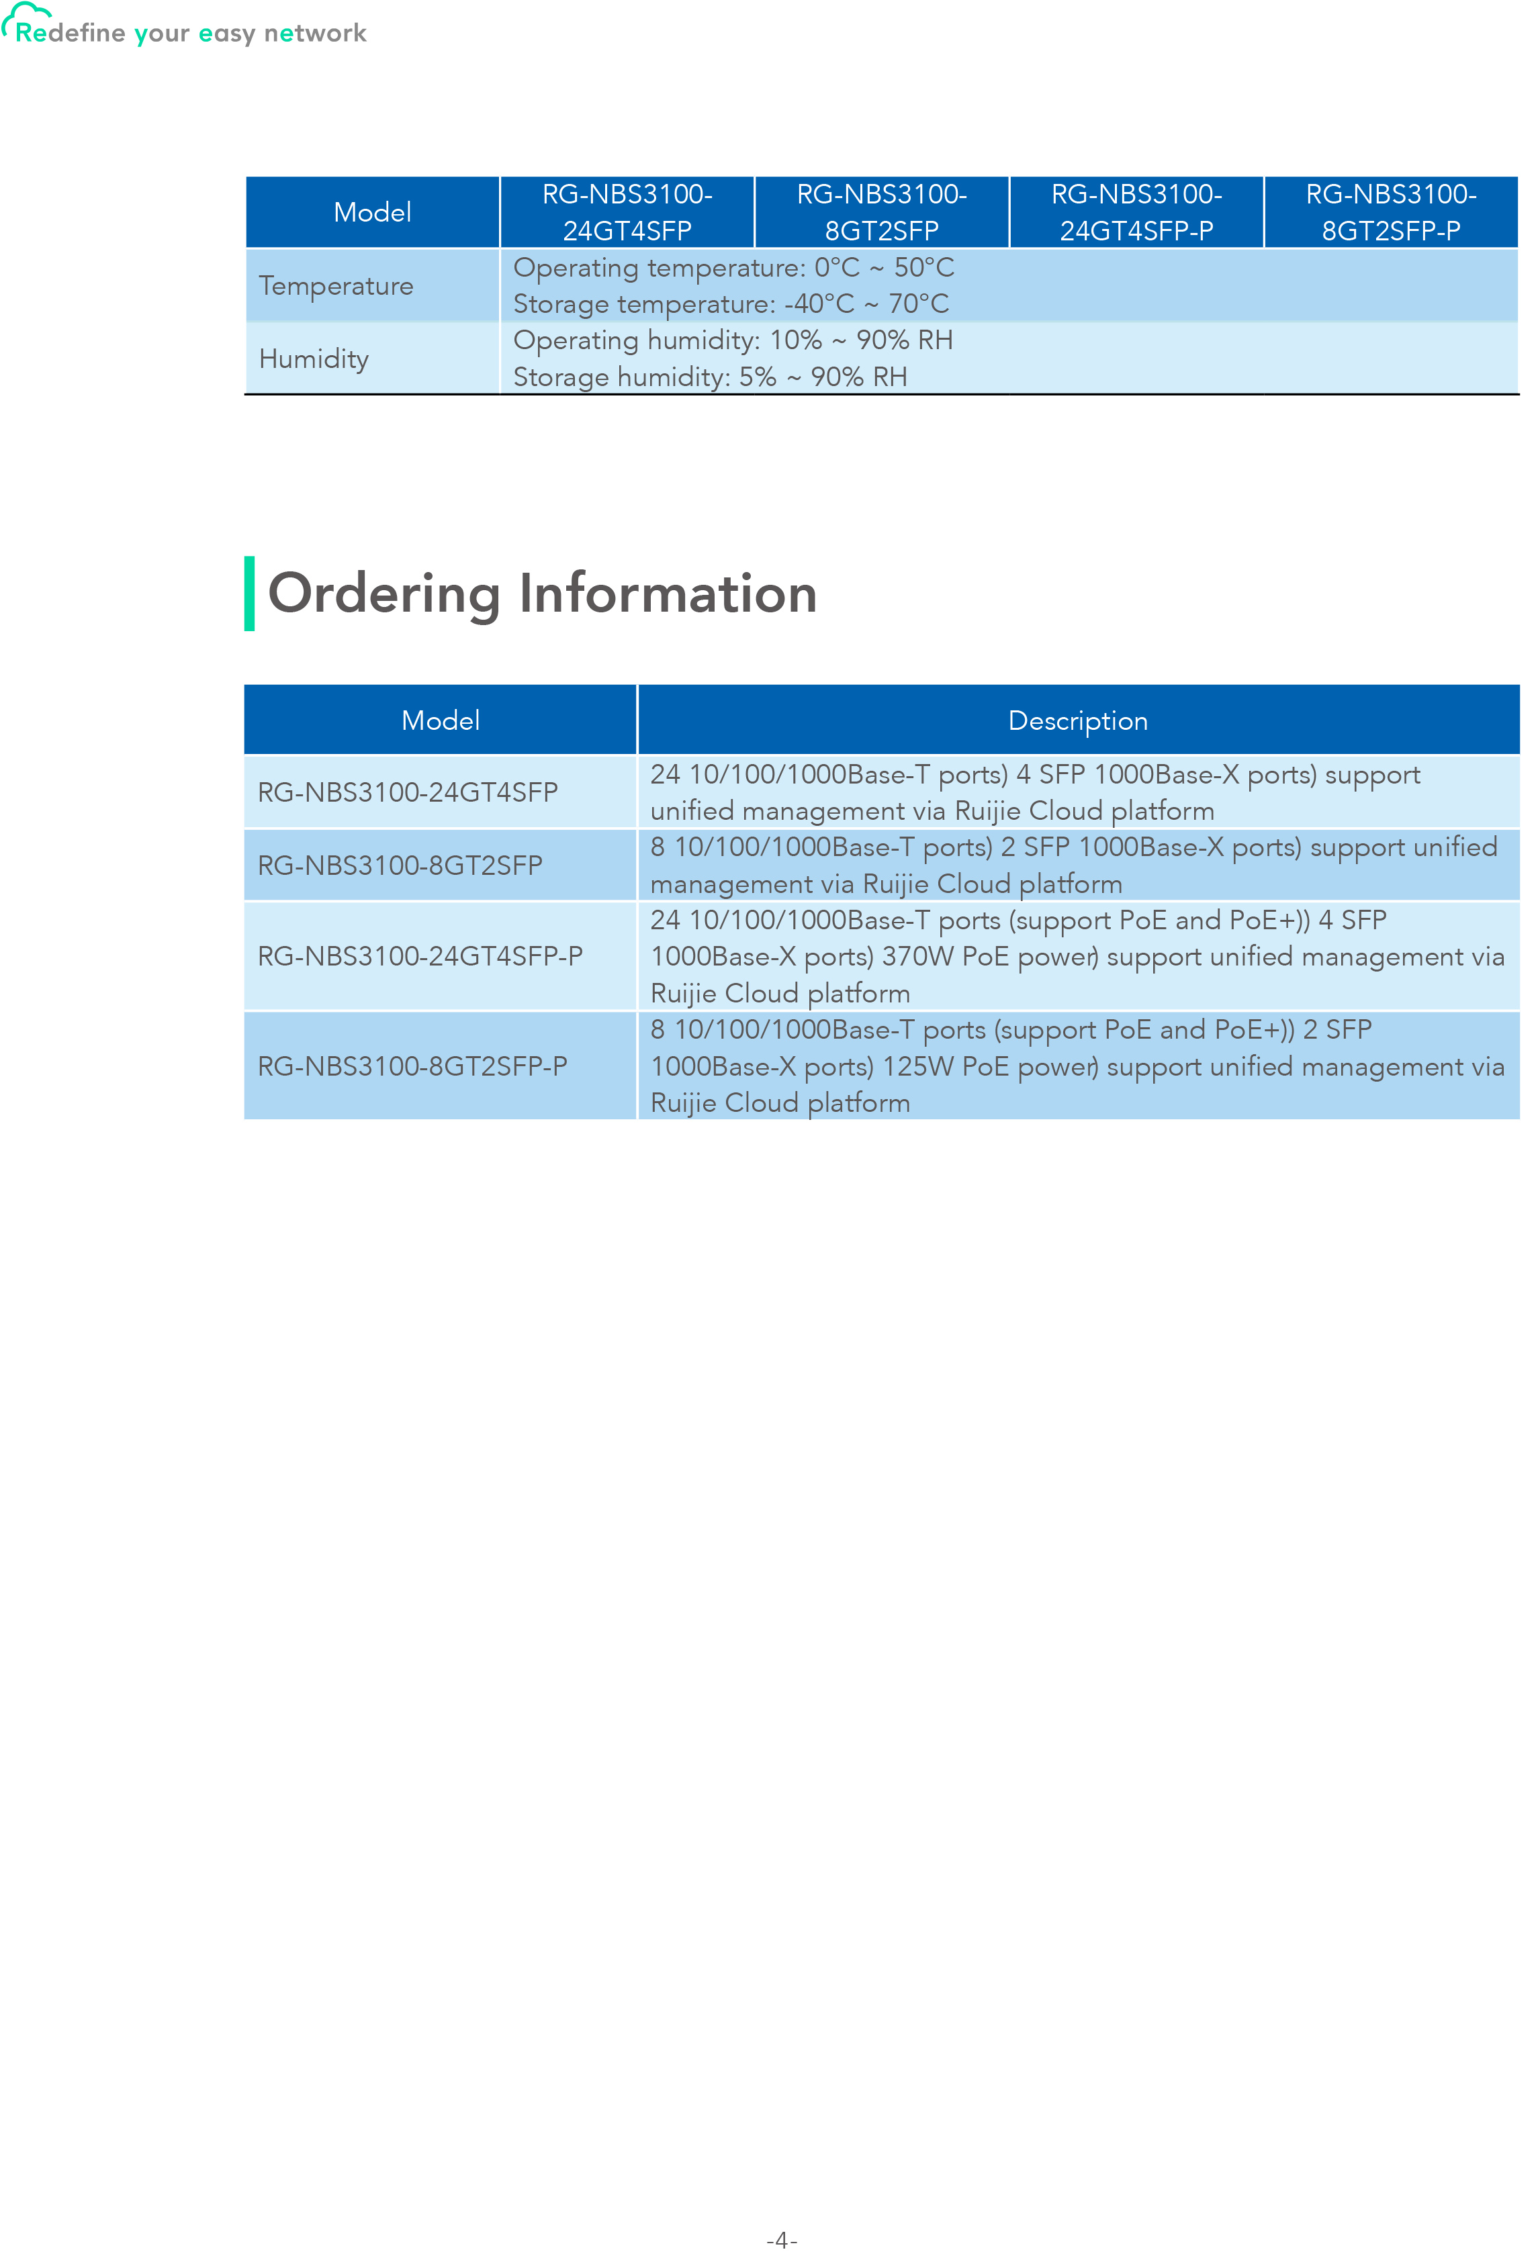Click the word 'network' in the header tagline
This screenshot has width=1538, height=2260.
pos(314,34)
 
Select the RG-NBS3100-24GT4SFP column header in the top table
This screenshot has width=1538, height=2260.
pos(627,212)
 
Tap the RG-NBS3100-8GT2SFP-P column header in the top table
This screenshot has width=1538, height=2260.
pos(1390,212)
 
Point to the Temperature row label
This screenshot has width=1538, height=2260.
pos(336,286)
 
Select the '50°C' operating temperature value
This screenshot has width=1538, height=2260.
pos(923,267)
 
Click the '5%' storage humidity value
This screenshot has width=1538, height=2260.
pos(757,377)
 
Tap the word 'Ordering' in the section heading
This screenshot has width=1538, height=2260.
pos(383,594)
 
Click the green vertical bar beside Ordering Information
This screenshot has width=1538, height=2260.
pos(250,594)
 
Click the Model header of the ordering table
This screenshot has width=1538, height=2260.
pos(440,720)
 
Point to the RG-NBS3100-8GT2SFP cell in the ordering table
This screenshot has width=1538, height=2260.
pos(400,865)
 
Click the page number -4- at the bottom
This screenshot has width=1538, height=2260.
pos(781,2241)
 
